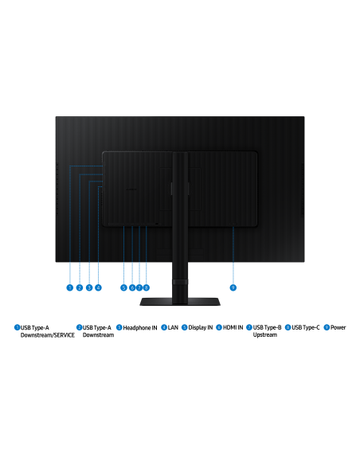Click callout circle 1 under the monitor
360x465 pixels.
[x=69, y=287]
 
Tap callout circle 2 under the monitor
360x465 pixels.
[x=80, y=287]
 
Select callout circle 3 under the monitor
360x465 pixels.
[x=89, y=287]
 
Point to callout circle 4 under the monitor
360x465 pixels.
[x=98, y=287]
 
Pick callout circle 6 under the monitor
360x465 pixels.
[x=132, y=287]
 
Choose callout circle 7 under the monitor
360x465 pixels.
[x=139, y=287]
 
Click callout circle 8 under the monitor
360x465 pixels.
[x=146, y=287]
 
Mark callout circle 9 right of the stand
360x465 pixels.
[x=233, y=287]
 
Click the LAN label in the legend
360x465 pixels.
[x=173, y=327]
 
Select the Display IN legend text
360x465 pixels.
[x=201, y=327]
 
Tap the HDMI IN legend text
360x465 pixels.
[x=233, y=327]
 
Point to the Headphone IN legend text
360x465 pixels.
[x=140, y=328]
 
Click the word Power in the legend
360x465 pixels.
[x=338, y=327]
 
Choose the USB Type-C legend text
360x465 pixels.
[x=306, y=327]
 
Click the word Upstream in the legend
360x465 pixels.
[x=265, y=334]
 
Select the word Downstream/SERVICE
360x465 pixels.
[x=48, y=334]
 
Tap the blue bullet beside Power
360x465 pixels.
[x=327, y=327]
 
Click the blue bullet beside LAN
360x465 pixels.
[x=164, y=327]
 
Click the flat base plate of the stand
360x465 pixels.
[x=180, y=302]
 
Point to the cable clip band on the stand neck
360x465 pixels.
[x=180, y=282]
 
